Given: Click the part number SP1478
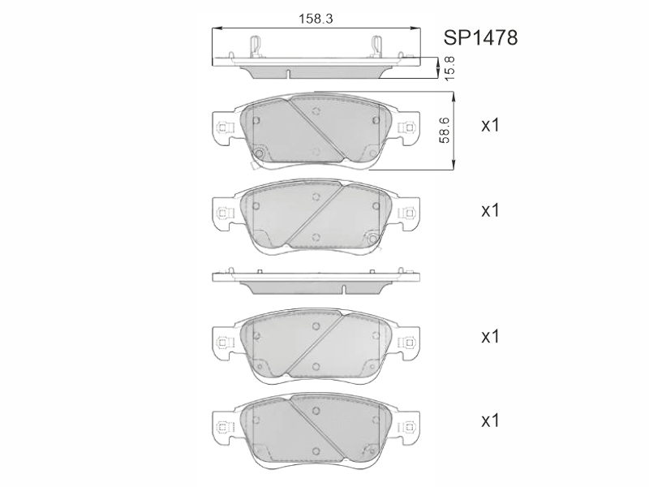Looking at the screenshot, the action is click(x=480, y=37).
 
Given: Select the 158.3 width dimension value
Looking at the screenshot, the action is click(x=316, y=19).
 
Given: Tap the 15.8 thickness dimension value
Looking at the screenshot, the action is click(x=449, y=68).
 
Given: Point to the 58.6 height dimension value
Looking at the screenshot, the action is click(x=445, y=130).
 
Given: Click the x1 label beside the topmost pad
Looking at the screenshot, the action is click(x=490, y=125).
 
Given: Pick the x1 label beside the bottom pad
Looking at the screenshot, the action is click(x=490, y=421).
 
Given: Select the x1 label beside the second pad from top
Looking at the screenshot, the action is click(x=490, y=210).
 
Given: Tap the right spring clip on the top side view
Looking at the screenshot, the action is click(x=376, y=47).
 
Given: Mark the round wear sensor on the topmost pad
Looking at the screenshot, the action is click(x=260, y=154).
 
